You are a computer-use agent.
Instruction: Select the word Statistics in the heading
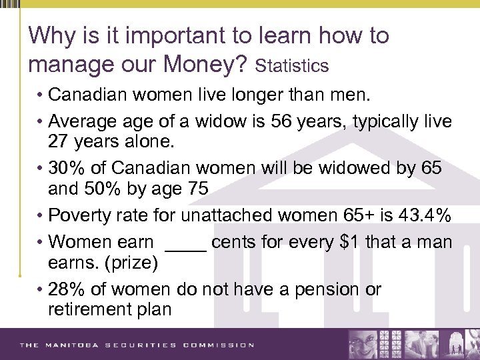pos(292,66)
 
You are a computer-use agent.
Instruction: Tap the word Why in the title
pos(51,35)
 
